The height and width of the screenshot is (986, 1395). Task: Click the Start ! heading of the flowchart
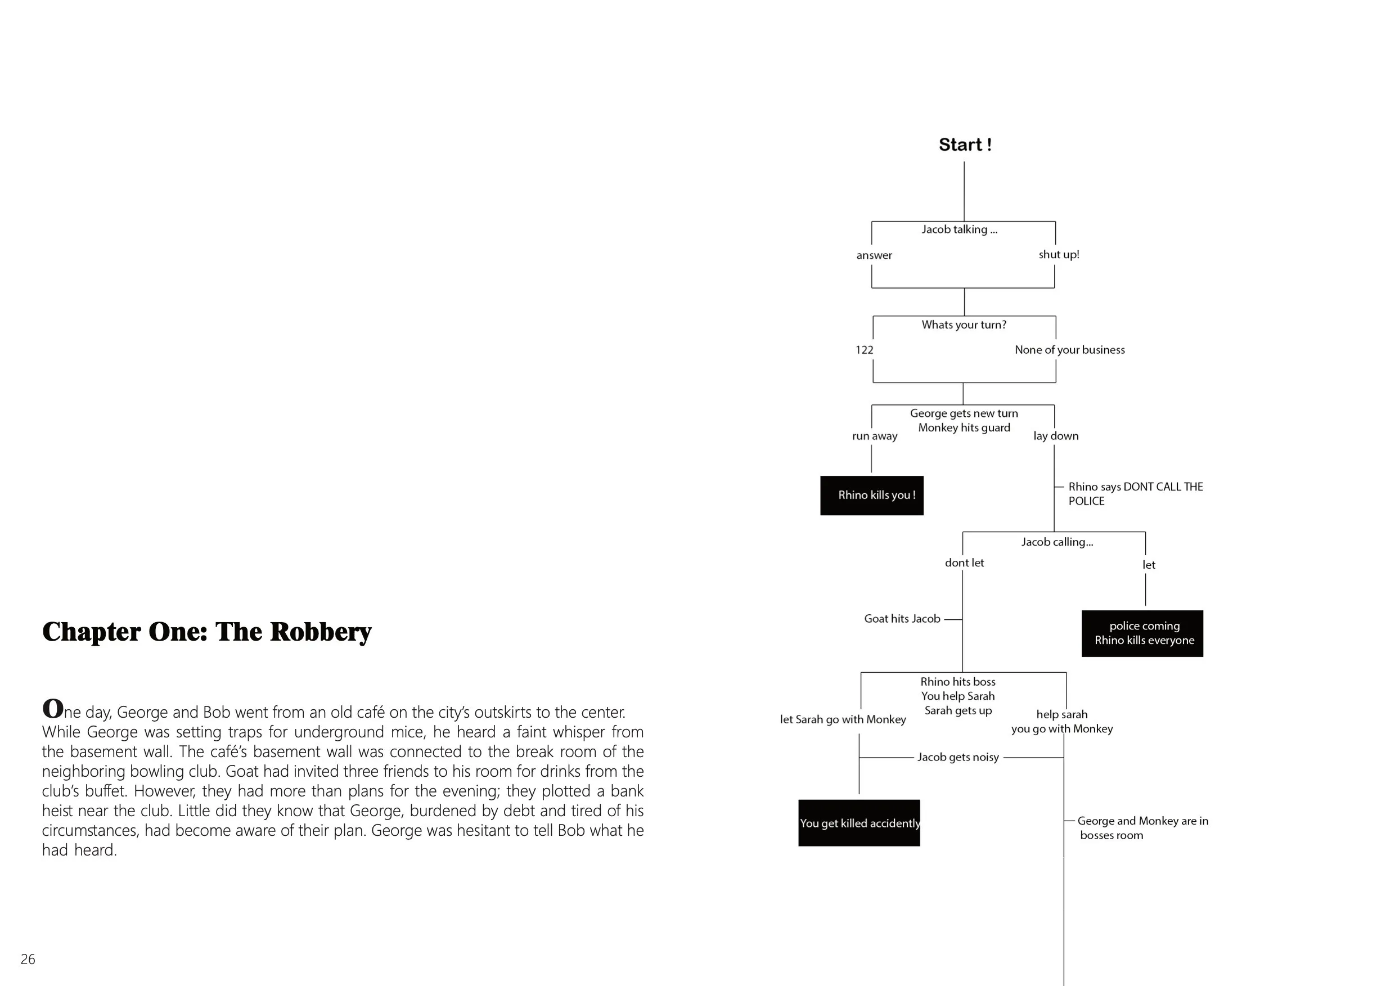965,145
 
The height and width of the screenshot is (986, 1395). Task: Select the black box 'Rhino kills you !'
872,496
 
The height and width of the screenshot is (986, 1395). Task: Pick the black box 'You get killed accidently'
859,823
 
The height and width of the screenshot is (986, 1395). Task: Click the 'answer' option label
874,255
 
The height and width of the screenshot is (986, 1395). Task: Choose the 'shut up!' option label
1059,255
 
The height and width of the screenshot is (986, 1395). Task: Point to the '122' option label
864,350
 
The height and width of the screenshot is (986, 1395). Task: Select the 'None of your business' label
1070,350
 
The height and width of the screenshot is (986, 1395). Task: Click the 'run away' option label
874,436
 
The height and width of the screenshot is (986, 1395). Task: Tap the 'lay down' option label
1056,436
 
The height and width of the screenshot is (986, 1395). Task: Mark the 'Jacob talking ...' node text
960,229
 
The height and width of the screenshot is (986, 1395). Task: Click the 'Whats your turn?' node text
964,325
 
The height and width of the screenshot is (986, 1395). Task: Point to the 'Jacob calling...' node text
1057,542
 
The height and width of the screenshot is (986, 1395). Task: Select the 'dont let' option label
964,562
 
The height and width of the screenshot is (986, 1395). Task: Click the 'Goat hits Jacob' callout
902,619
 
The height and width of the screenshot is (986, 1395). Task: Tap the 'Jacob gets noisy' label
958,757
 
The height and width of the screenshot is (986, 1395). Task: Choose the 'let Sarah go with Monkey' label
843,719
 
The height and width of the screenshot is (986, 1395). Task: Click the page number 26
28,959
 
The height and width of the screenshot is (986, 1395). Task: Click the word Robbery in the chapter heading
320,632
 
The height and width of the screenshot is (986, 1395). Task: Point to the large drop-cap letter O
53,708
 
